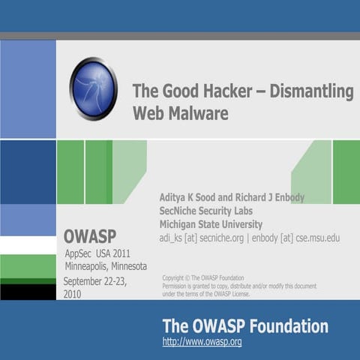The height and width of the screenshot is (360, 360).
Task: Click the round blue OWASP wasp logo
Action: (93, 88)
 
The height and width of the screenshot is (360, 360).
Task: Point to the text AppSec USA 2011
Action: (97, 254)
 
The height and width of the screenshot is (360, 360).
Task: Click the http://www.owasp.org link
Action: (202, 342)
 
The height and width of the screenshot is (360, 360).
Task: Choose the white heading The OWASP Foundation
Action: (245, 326)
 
